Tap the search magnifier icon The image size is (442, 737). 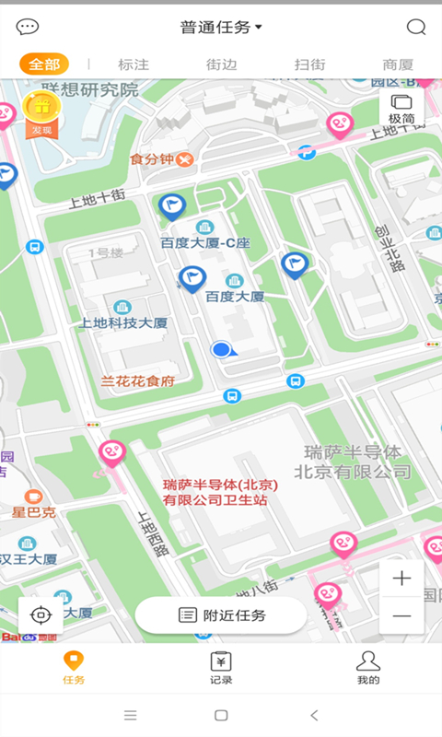(416, 27)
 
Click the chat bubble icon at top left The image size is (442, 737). (28, 27)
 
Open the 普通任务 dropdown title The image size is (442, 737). (221, 27)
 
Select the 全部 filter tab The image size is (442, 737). (44, 64)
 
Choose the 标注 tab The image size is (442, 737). (133, 64)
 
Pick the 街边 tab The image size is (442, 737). (221, 64)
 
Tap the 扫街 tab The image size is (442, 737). (309, 64)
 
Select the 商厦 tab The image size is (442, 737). (398, 64)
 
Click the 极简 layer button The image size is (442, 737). (401, 108)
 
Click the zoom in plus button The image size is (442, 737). (401, 579)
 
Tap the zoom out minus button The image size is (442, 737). (401, 614)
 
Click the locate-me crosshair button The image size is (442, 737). (41, 614)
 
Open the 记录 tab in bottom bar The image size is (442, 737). (221, 667)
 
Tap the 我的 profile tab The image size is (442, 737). (368, 667)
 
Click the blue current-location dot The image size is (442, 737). (221, 349)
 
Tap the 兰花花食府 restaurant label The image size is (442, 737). (138, 380)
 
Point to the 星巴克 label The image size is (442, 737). (34, 511)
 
